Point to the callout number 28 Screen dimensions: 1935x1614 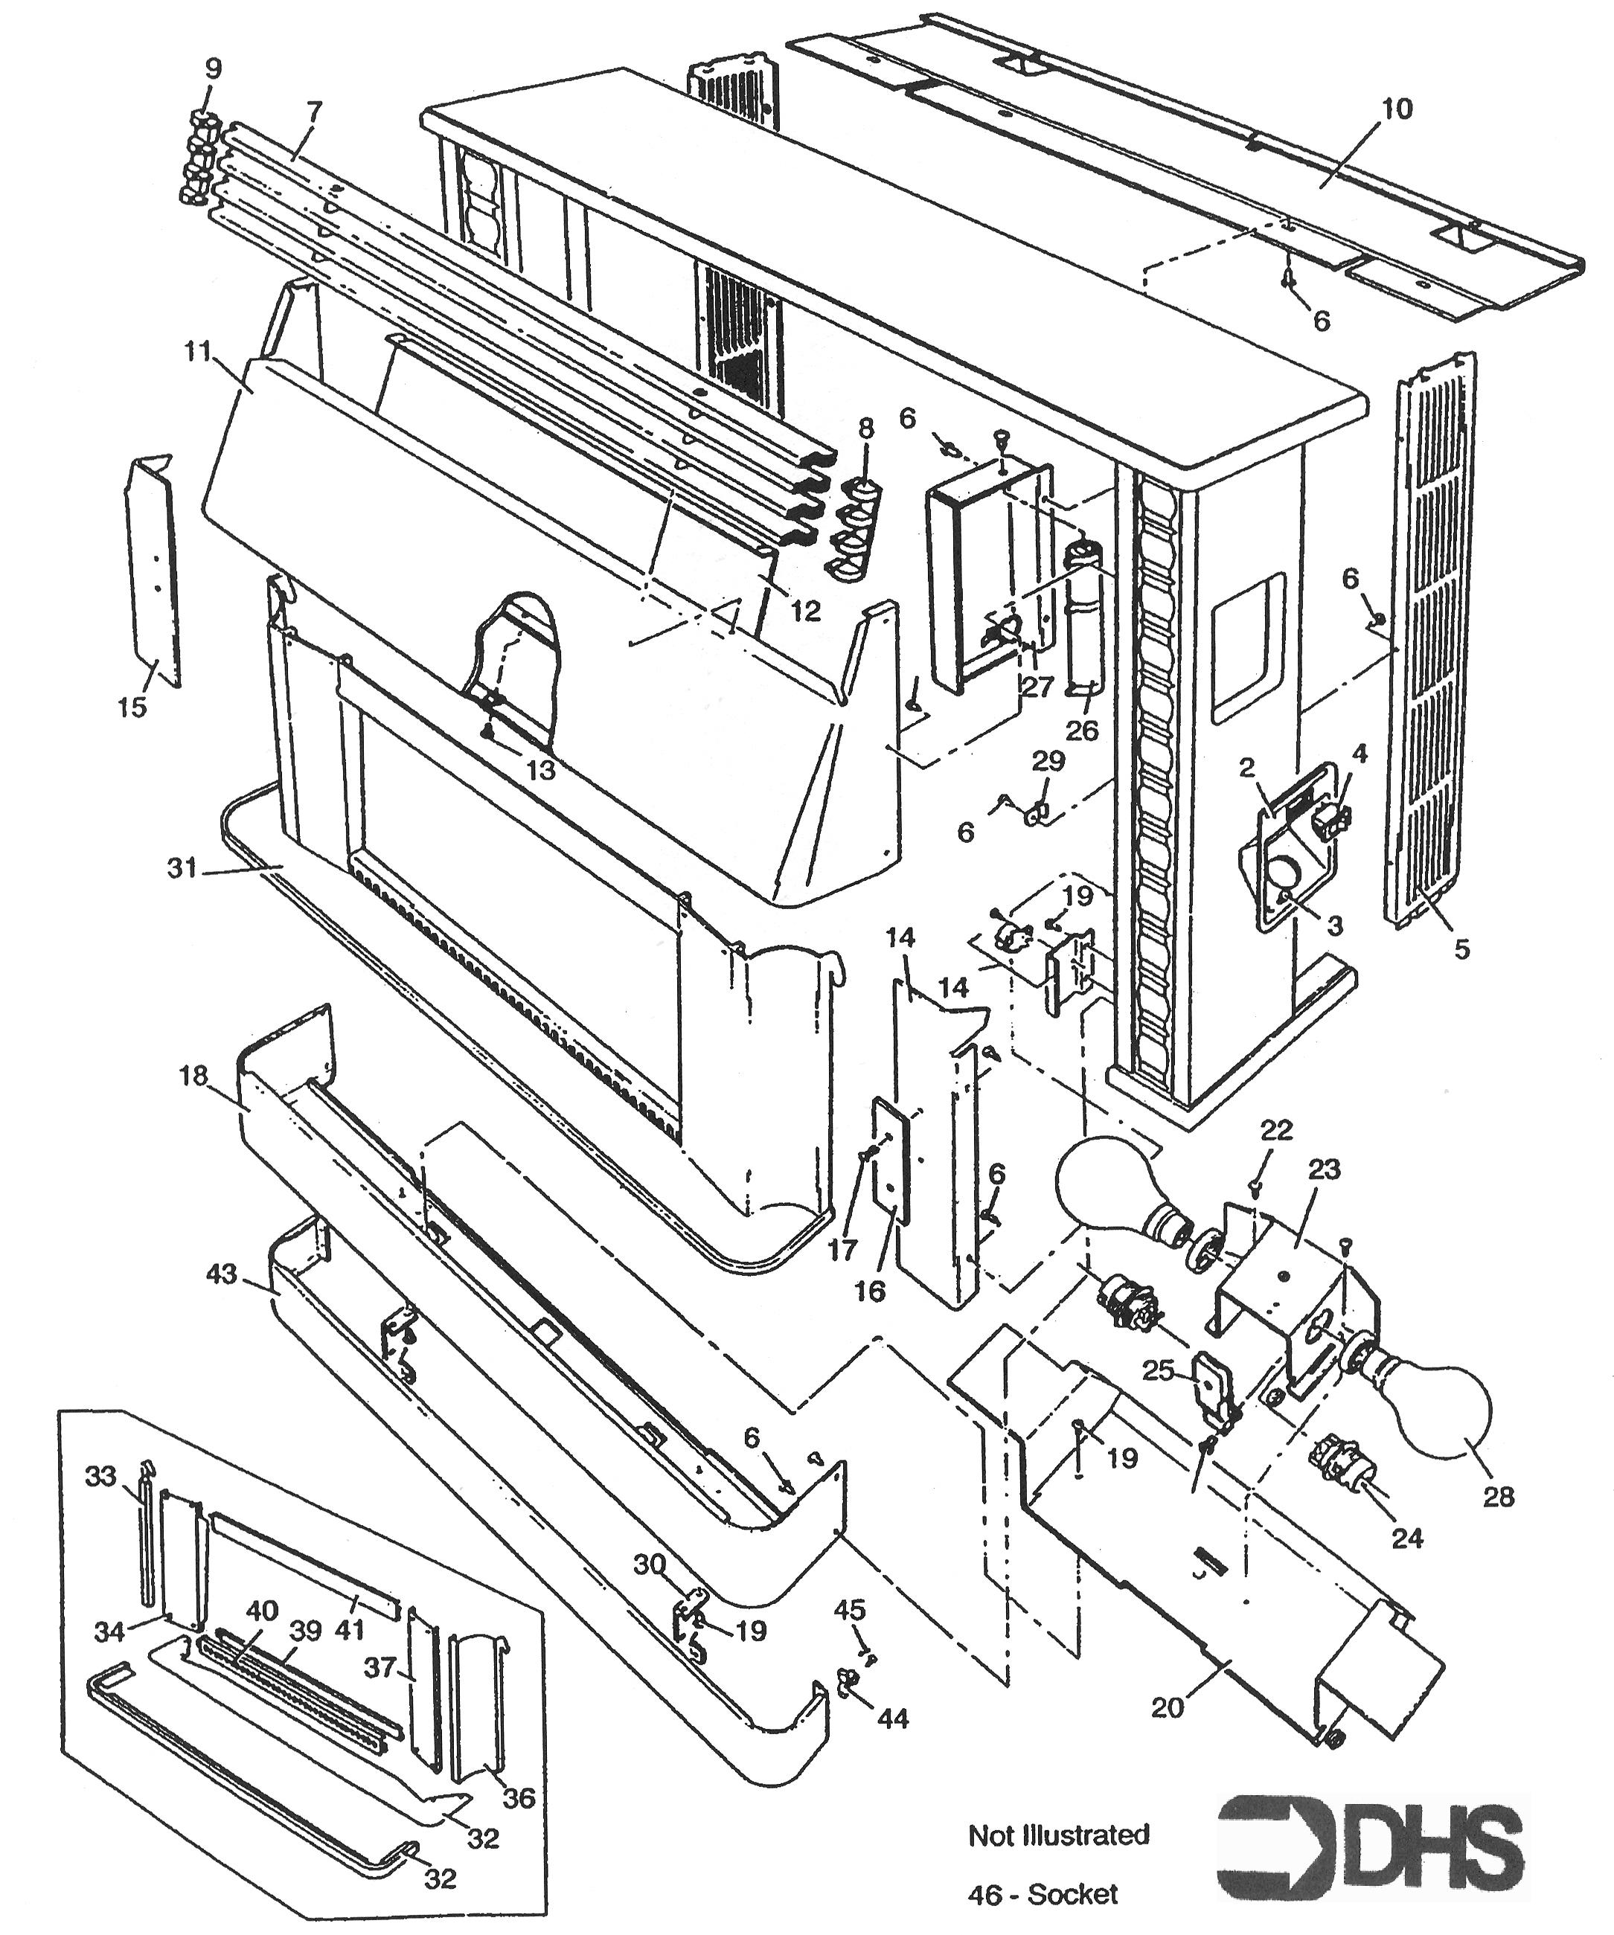coord(1498,1496)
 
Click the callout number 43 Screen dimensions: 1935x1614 coord(223,1275)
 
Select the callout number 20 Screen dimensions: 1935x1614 coord(1167,1707)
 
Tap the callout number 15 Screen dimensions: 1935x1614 coord(132,707)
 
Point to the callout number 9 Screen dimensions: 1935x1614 coord(213,69)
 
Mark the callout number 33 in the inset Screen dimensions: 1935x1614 coord(100,1476)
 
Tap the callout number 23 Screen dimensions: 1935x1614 coord(1324,1169)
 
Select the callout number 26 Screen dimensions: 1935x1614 coord(1082,730)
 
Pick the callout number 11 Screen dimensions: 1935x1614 coord(197,351)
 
